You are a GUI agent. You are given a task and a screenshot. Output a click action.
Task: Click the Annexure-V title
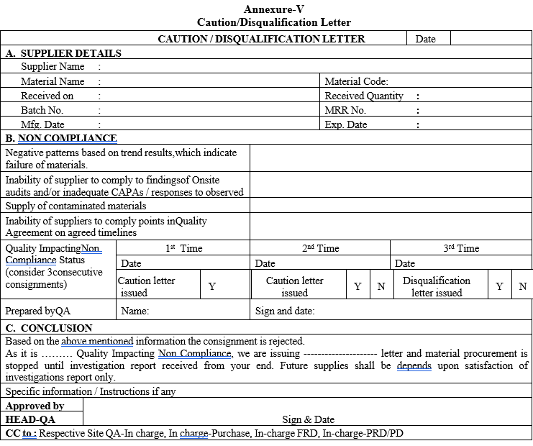tap(274, 9)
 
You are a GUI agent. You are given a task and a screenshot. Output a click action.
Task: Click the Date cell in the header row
tap(425, 39)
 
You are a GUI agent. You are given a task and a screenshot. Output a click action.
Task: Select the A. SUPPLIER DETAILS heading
tap(63, 53)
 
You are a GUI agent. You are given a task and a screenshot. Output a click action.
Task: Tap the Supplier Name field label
tap(53, 67)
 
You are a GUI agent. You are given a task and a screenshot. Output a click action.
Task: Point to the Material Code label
tap(356, 81)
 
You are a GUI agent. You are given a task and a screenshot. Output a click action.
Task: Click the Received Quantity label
tap(364, 96)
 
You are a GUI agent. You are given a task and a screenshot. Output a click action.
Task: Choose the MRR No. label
tap(345, 110)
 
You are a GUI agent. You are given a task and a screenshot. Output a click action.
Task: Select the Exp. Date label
tap(346, 124)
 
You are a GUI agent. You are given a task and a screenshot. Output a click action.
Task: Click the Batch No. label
tap(42, 110)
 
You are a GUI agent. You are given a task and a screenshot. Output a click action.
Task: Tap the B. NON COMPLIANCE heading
tap(61, 138)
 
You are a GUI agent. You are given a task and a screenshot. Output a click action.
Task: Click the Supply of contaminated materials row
tap(76, 206)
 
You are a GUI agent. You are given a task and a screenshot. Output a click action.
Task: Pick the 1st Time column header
tap(183, 248)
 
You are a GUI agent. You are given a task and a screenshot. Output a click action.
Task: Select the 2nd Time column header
tap(320, 248)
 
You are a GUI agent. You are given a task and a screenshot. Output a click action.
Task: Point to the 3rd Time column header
tap(461, 248)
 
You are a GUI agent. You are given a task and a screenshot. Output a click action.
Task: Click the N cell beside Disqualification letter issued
tap(522, 286)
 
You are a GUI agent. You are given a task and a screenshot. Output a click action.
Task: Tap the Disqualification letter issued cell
tap(437, 286)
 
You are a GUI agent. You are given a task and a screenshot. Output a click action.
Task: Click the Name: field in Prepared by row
tap(135, 311)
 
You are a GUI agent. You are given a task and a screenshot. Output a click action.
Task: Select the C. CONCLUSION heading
tap(49, 328)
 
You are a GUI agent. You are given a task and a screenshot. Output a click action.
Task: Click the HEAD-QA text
tap(30, 419)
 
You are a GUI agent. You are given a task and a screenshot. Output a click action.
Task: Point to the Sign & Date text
tap(308, 419)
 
